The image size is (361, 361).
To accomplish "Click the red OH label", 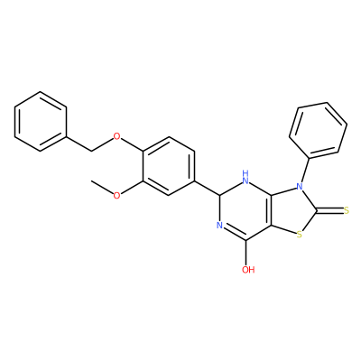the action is coord(248,270).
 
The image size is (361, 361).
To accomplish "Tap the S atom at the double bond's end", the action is coord(347,210).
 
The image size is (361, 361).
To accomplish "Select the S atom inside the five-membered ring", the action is coord(299,234).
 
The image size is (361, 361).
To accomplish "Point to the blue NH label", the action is coord(246,177).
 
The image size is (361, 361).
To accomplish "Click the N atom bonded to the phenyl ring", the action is coord(299,187).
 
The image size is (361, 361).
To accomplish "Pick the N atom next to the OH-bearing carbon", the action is coord(219,226).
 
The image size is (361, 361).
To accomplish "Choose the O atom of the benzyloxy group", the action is coord(116,137).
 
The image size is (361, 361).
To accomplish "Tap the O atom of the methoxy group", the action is coord(116,196).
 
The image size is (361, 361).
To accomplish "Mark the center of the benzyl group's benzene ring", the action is coord(41,122).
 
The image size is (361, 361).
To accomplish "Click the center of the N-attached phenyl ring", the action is coord(319,130).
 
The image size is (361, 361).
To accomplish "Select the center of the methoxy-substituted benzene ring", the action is coord(168,166).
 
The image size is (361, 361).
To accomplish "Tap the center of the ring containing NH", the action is coord(246,210).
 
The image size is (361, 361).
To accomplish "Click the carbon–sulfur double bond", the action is coord(329,210).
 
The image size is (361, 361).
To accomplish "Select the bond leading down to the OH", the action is coord(246,253).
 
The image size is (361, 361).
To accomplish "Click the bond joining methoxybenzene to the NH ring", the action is coord(208,189).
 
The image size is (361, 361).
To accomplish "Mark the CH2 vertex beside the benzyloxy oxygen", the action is coord(91,152).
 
